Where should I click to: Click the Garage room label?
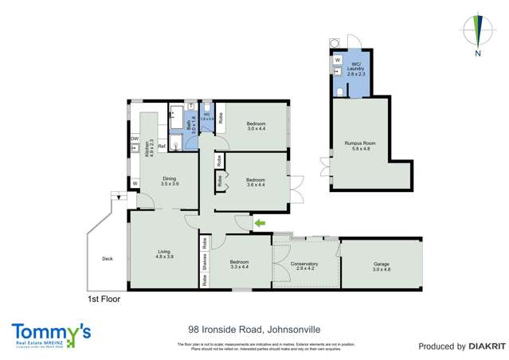382,267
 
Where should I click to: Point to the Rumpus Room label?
359,146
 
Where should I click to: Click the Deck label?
108,258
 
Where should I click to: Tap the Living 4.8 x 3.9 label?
165,254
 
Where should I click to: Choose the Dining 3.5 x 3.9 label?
170,181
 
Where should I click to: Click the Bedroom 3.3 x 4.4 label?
240,264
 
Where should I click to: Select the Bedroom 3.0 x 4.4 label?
256,127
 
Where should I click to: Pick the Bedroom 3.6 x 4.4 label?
256,182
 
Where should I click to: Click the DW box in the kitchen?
135,139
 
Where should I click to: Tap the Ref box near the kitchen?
161,147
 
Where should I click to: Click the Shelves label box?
205,260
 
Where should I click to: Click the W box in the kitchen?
135,184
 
